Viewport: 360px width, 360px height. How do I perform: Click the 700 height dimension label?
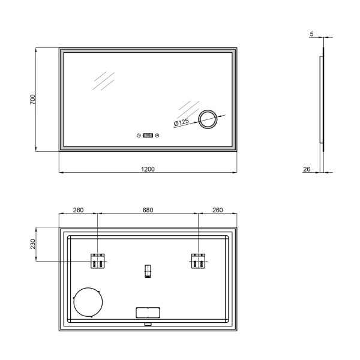tap(32, 100)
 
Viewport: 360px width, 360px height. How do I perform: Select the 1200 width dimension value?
tap(148, 169)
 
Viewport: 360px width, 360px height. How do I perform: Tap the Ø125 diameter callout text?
tap(181, 122)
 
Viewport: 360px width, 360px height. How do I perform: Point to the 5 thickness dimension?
tap(311, 34)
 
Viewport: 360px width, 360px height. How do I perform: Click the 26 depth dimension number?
tap(307, 169)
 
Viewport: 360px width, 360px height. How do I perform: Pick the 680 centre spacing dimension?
tap(148, 210)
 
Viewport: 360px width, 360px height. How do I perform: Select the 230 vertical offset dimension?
tap(33, 244)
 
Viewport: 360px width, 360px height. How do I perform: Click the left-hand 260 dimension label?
tap(78, 210)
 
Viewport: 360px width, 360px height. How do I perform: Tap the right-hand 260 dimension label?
tap(217, 210)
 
